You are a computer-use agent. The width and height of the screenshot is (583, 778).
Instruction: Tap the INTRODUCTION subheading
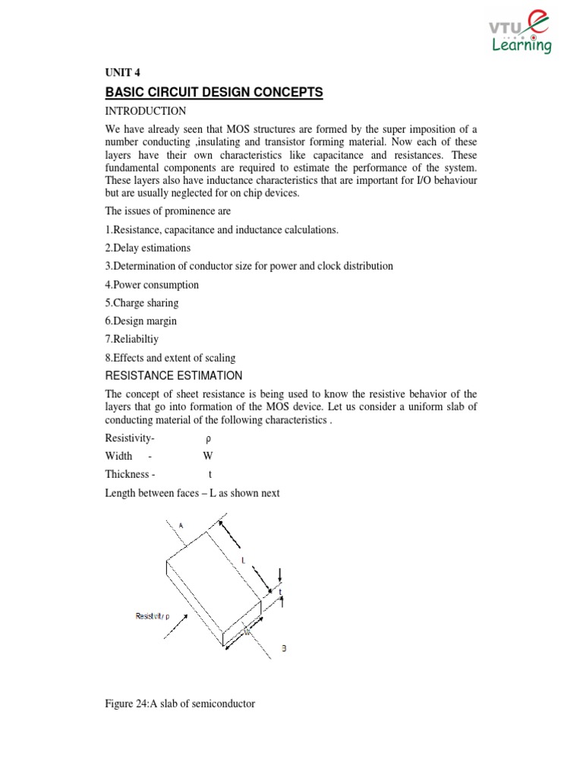click(145, 111)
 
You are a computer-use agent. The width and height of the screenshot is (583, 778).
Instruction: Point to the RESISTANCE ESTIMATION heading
click(174, 375)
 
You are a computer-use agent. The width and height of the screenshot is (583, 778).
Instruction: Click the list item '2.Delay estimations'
click(147, 248)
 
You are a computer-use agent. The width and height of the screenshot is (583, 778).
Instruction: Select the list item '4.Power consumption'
click(152, 285)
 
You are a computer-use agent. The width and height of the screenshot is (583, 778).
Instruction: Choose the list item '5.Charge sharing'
click(142, 303)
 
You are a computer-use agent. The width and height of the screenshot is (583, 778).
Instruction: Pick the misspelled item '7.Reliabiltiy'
click(133, 340)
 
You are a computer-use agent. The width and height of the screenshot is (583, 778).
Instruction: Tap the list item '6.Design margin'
click(140, 321)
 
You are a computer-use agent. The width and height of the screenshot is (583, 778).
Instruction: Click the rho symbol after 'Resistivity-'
click(208, 438)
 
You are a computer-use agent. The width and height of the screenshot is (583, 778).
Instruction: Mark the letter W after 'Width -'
click(207, 457)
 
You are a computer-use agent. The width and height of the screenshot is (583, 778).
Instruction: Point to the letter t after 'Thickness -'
click(210, 475)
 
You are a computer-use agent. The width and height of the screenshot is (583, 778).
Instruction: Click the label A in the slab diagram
click(181, 524)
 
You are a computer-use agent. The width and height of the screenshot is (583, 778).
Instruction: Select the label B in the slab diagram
click(283, 648)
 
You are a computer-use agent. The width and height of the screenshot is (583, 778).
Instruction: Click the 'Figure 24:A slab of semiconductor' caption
click(180, 704)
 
